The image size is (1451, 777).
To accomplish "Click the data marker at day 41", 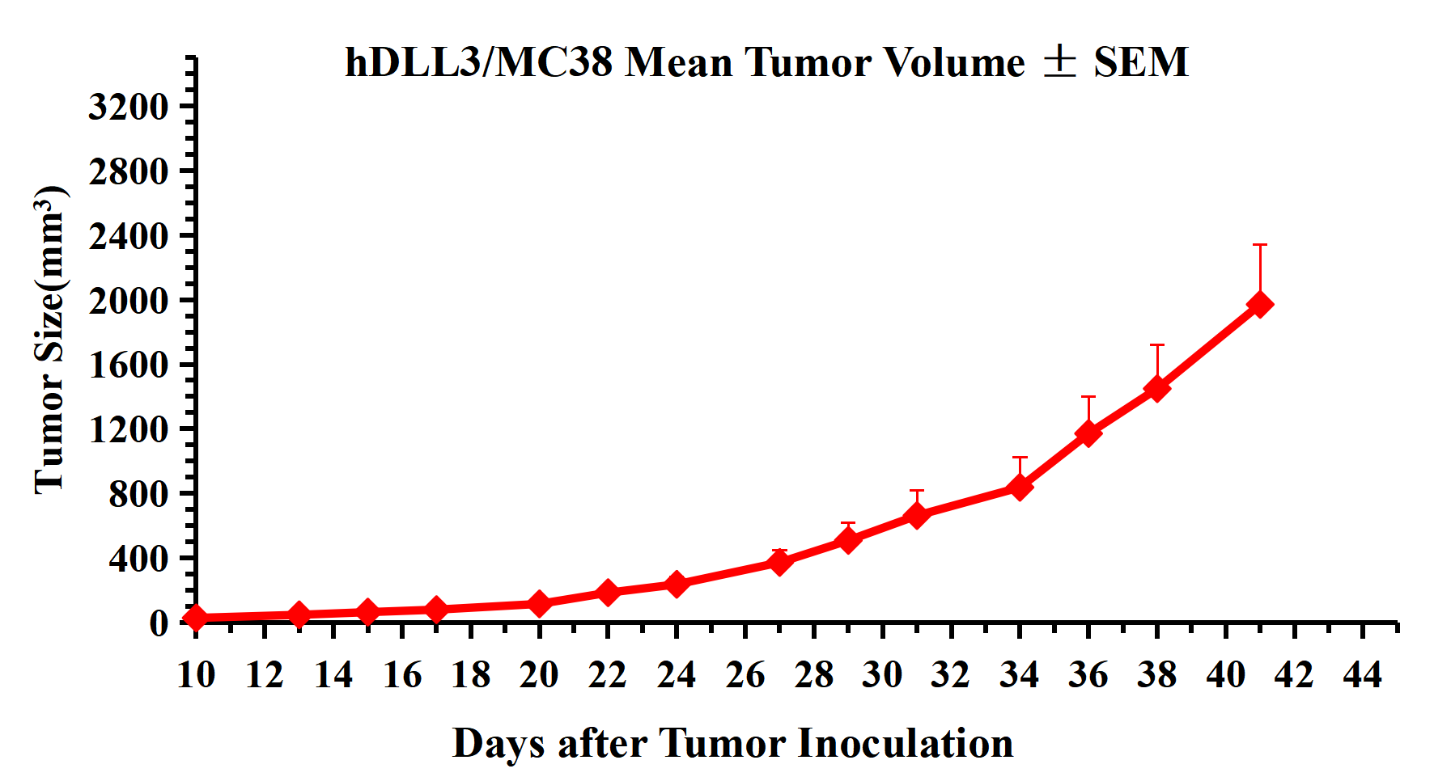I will coord(1259,305).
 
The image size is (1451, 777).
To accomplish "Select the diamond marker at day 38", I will coord(1157,389).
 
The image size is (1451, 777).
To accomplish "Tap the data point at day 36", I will coord(1088,433).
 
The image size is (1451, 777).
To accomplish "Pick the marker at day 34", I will coord(1020,487).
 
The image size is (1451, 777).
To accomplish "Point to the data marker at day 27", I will coord(779,561).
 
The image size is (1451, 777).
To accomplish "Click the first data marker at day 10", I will coord(196,618).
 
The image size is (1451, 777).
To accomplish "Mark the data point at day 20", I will coord(539,603).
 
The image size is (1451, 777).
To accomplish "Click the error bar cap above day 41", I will coord(1259,245).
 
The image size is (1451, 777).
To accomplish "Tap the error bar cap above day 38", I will coord(1157,345).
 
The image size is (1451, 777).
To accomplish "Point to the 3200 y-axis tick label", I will coord(128,106).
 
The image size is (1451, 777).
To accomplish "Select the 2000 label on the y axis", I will coord(128,300).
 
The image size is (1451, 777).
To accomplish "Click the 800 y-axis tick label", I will coord(138,493).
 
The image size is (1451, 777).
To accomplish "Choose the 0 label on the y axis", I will coord(159,623).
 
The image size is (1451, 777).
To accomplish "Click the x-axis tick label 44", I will coord(1363,674).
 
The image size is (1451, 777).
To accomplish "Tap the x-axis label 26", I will coord(745,674).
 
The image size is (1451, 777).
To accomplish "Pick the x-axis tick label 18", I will coord(470,674).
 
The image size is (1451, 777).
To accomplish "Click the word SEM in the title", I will coord(1141,62).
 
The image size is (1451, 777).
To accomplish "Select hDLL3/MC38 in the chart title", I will coord(478,62).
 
